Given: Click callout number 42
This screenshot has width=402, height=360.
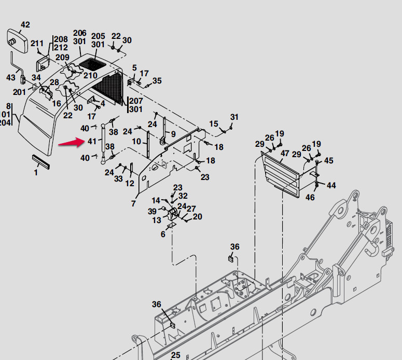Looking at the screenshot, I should coord(25,24).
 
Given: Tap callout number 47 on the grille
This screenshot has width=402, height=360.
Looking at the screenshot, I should coord(285,154).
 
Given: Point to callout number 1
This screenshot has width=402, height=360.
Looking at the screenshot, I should coord(36,172).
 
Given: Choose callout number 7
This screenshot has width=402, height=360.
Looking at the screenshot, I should coord(133,204).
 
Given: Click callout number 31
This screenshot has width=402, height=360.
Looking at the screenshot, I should coord(234,117).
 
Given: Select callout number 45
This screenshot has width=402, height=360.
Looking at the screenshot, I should coord(328,161).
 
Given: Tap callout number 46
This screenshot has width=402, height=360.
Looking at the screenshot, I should coord(310,197).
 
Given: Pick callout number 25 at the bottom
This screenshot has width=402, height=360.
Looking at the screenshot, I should coord(175,355).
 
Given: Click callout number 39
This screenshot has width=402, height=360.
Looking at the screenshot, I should coord(152,211).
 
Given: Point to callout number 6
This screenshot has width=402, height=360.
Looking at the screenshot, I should coord(163,234).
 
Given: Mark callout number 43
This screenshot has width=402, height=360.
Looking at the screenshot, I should coord(10,77).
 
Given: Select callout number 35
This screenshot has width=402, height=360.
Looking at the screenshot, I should coord(157,80).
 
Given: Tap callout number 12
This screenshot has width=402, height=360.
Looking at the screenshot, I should coord(130,183).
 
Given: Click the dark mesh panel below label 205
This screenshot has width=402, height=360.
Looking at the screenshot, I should coord(94,65).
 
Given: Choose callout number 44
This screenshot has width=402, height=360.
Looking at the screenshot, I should coord(330,185).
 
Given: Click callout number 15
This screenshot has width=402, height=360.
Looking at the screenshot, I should coord(214,124).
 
